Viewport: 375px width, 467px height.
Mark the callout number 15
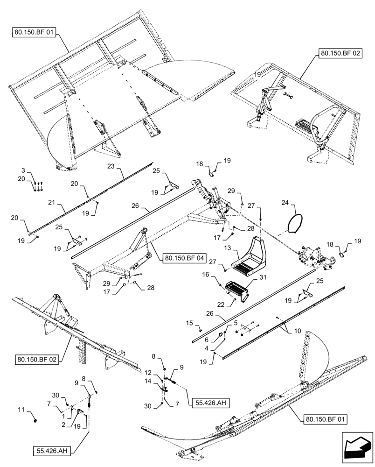[x=189, y=323]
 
